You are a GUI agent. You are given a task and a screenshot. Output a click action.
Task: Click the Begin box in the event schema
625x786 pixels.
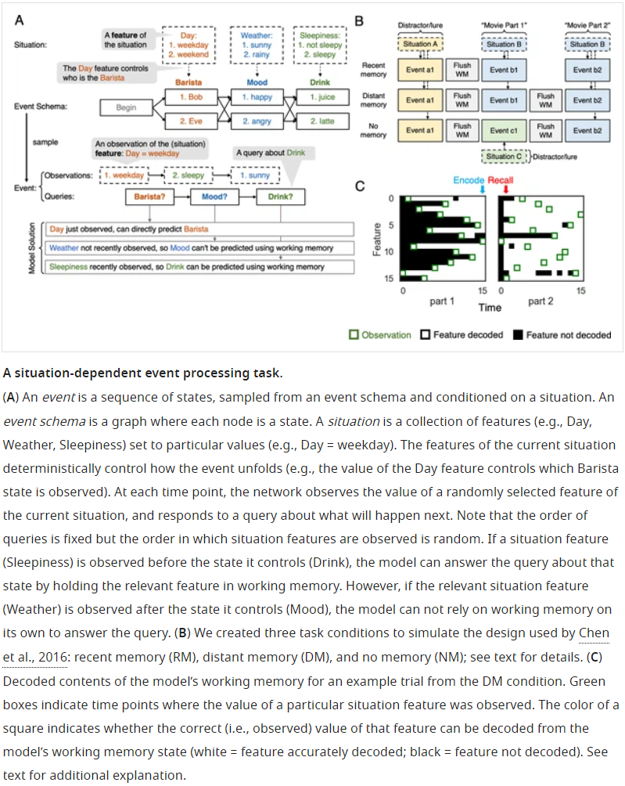(127, 108)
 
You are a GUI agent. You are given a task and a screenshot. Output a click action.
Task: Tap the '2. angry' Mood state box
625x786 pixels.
(257, 121)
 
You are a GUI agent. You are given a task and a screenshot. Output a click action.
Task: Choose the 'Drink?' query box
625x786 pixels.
(280, 196)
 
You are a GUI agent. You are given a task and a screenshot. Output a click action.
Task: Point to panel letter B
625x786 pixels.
(359, 20)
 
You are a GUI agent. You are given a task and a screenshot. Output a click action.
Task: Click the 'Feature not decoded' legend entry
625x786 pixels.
(568, 335)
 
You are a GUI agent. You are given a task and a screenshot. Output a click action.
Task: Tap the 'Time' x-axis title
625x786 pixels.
(490, 308)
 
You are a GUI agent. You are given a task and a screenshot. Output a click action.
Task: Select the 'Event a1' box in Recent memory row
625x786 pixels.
(421, 70)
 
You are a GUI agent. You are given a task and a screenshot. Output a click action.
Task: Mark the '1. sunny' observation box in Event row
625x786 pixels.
(257, 176)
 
